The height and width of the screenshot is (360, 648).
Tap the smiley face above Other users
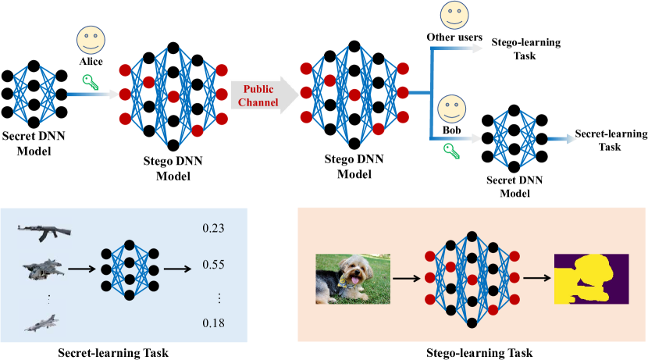tap(454, 15)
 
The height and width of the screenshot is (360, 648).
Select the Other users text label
tap(454, 37)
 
